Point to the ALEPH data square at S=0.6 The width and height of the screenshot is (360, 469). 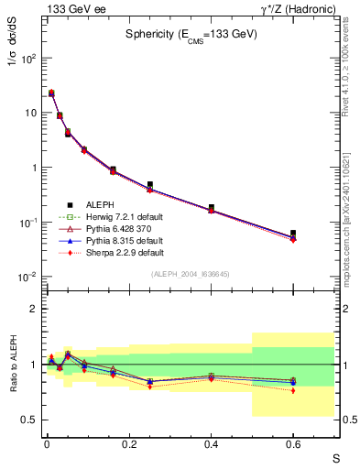[293, 234]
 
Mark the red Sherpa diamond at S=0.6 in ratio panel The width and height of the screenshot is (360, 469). [293, 390]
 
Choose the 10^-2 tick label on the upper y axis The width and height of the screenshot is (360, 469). [27, 278]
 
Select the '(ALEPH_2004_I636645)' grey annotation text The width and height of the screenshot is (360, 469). [189, 275]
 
